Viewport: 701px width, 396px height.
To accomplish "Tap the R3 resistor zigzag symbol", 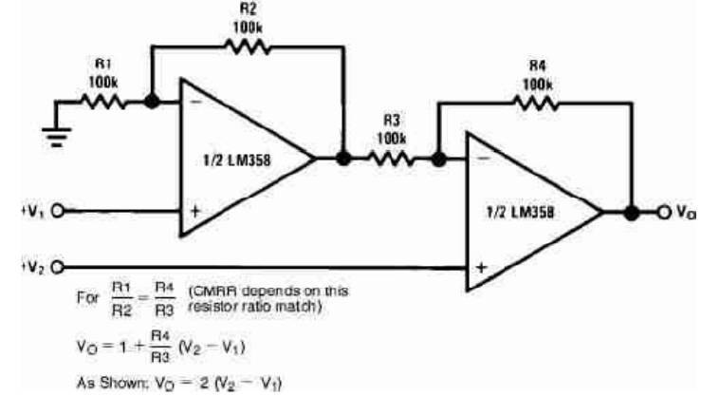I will [391, 159].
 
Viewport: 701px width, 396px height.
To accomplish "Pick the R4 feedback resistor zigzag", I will [536, 104].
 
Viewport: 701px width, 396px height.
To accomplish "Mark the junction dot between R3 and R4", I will [437, 159].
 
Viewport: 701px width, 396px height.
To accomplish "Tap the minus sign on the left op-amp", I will [195, 101].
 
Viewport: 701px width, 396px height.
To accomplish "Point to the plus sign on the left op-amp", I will [194, 211].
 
